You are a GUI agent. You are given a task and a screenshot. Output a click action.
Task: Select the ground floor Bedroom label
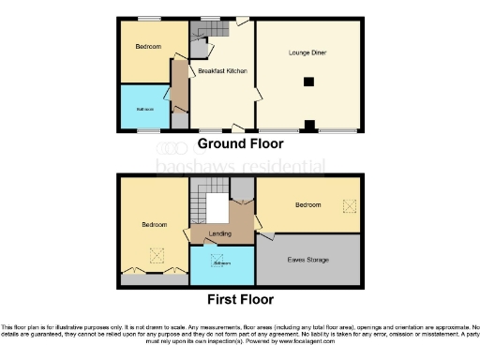(x=147, y=47)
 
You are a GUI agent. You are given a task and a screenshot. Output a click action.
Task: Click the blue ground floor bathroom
(x=144, y=108)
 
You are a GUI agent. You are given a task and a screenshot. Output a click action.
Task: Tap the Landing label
(x=220, y=232)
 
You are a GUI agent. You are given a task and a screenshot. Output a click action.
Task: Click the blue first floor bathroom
(x=221, y=263)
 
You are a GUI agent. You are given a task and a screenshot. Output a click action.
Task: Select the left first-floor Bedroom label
(x=155, y=225)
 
